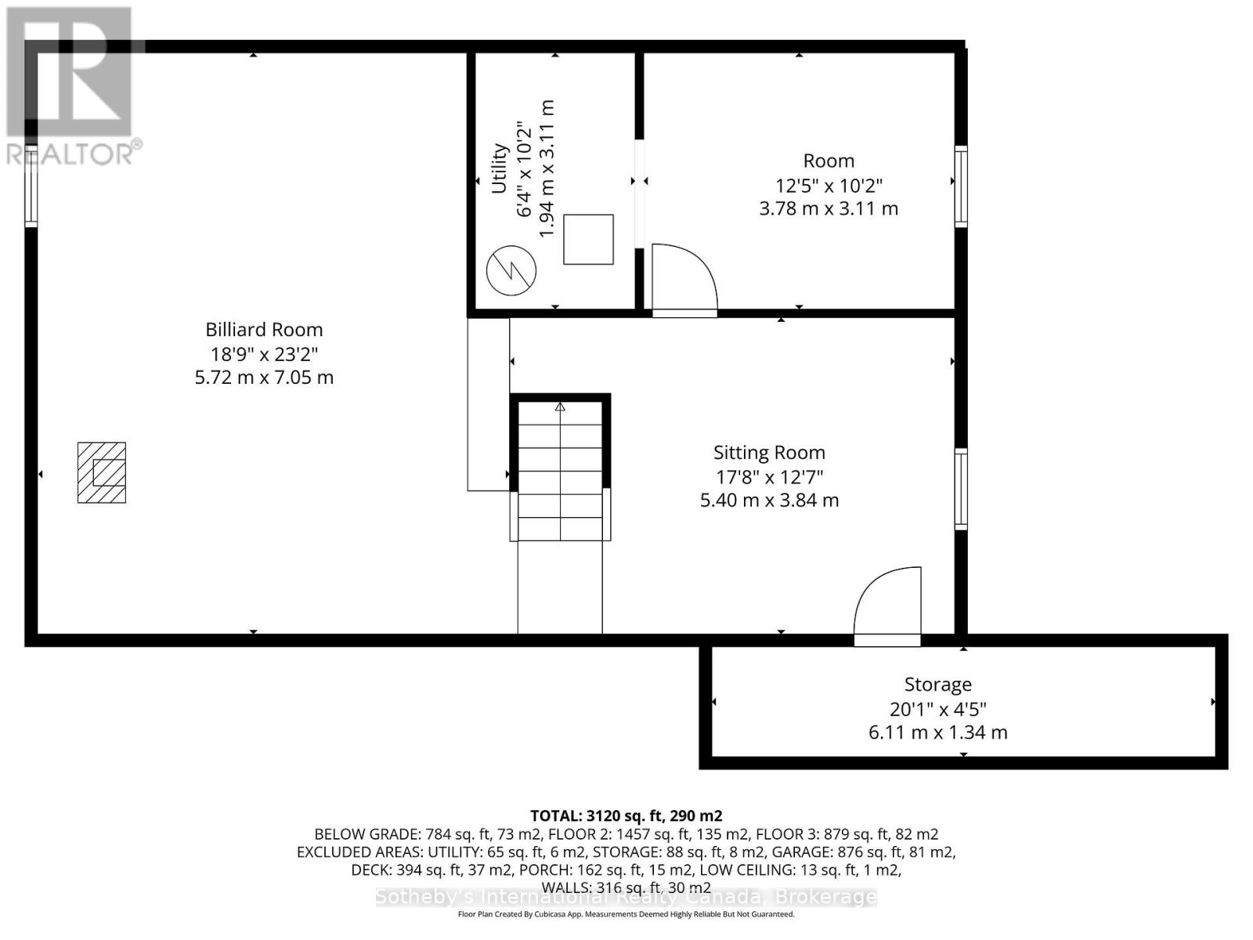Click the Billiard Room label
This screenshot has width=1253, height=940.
click(264, 330)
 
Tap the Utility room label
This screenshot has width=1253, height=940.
click(499, 168)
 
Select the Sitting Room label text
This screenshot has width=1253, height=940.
click(769, 453)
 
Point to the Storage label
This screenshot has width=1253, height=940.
click(937, 685)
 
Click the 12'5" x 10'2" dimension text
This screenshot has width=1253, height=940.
click(829, 186)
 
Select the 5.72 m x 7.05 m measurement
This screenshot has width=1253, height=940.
click(264, 378)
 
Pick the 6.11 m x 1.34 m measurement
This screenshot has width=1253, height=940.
click(937, 733)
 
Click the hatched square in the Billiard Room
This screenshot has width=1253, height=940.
click(102, 472)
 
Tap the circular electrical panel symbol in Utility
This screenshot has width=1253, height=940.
click(511, 271)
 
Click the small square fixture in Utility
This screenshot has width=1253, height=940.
click(588, 239)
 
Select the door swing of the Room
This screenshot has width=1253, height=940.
click(683, 278)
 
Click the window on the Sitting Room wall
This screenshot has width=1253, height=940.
click(961, 489)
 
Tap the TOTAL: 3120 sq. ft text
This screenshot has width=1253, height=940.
click(626, 815)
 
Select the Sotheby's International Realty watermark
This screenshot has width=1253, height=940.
click(626, 897)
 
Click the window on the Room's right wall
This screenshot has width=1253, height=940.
click(961, 186)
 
